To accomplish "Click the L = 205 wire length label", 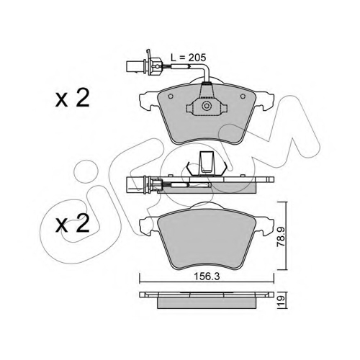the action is point(188,58).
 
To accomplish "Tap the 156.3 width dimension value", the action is point(207,276).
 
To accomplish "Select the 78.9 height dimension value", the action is point(281,236).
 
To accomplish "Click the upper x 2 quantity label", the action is point(72,99).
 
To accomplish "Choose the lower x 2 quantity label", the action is point(72,223).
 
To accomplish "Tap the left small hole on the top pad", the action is point(171,96).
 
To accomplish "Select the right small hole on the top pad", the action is point(243,96).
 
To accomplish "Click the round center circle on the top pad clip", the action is point(207,106).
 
